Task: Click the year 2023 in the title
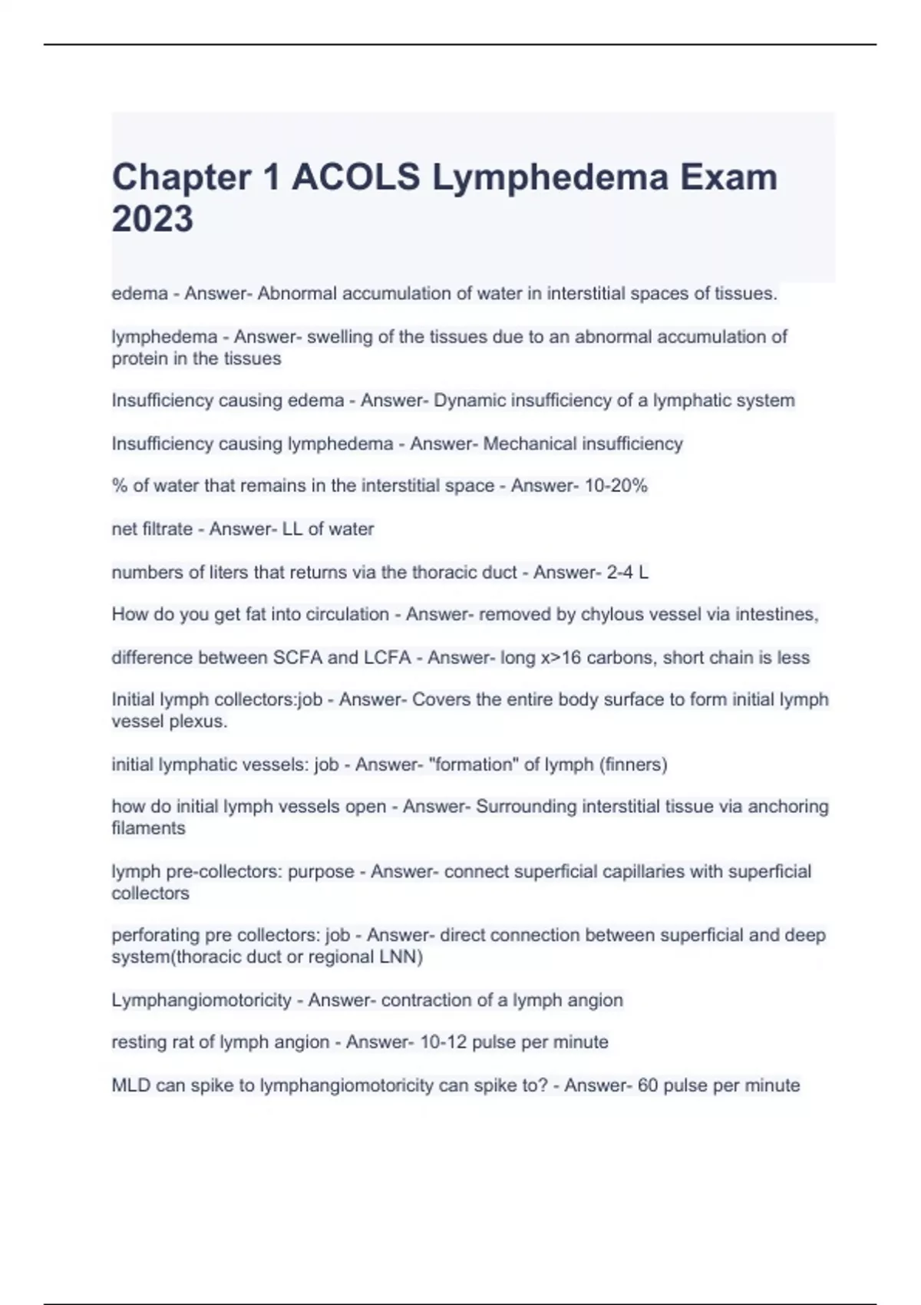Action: click(152, 219)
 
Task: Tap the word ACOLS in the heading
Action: click(355, 177)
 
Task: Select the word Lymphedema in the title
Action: click(550, 177)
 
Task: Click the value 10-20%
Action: click(616, 486)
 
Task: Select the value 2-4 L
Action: click(627, 573)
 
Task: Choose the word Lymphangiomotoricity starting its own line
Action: click(201, 1000)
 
